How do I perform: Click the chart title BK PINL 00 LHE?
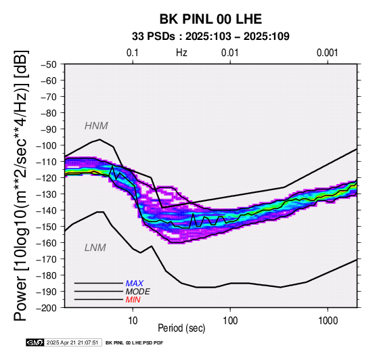(x=211, y=19)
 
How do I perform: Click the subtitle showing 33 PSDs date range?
(x=211, y=37)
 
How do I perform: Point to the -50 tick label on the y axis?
(x=49, y=64)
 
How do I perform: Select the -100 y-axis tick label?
(x=47, y=145)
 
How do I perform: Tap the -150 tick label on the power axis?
(x=47, y=227)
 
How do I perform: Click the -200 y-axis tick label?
(x=47, y=308)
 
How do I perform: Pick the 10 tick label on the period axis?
(x=133, y=321)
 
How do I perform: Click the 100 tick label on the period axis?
(x=230, y=321)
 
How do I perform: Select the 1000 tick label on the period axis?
(x=328, y=321)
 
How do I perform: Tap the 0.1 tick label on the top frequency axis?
(x=133, y=53)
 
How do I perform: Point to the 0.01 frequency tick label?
(x=230, y=53)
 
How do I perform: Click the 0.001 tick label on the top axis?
(x=327, y=53)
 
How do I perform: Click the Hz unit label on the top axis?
(x=181, y=53)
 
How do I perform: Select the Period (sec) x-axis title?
(x=181, y=328)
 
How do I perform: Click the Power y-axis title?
(x=21, y=185)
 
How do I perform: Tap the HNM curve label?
(x=96, y=126)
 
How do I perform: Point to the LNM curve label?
(x=95, y=248)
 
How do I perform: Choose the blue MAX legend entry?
(x=135, y=284)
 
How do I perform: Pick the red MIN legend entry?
(x=133, y=300)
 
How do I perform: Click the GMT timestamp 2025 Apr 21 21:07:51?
(x=72, y=343)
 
